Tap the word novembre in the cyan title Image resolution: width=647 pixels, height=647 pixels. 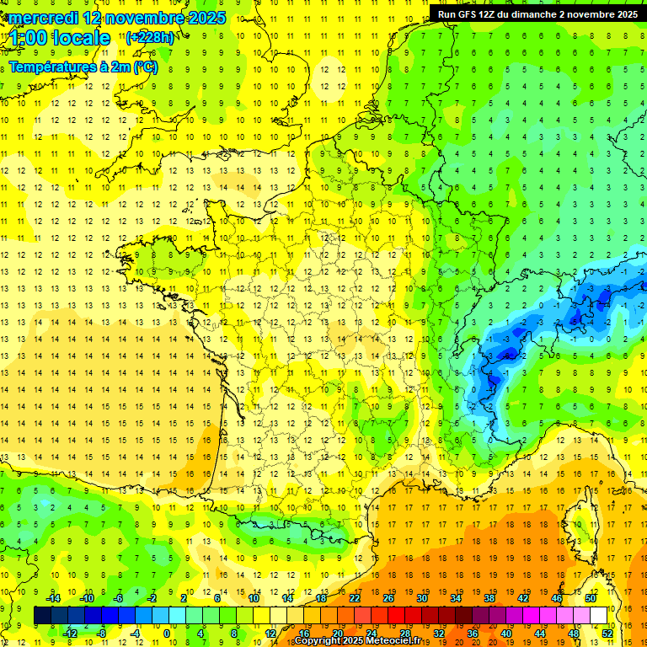click(147, 18)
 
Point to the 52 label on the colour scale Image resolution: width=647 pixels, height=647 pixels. click(607, 634)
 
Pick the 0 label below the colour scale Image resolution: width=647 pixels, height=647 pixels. click(166, 634)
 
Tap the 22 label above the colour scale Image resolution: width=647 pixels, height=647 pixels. click(355, 598)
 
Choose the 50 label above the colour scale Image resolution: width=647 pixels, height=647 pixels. click(591, 598)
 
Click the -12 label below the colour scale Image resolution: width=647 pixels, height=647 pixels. click(70, 634)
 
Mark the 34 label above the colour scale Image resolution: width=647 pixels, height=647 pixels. click(456, 598)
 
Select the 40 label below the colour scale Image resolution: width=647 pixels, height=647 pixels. click(506, 634)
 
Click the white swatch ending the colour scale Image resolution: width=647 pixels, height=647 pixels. click(599, 616)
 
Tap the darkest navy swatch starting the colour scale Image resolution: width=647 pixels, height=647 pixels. click(43, 616)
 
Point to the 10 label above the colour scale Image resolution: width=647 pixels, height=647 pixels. click(254, 598)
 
